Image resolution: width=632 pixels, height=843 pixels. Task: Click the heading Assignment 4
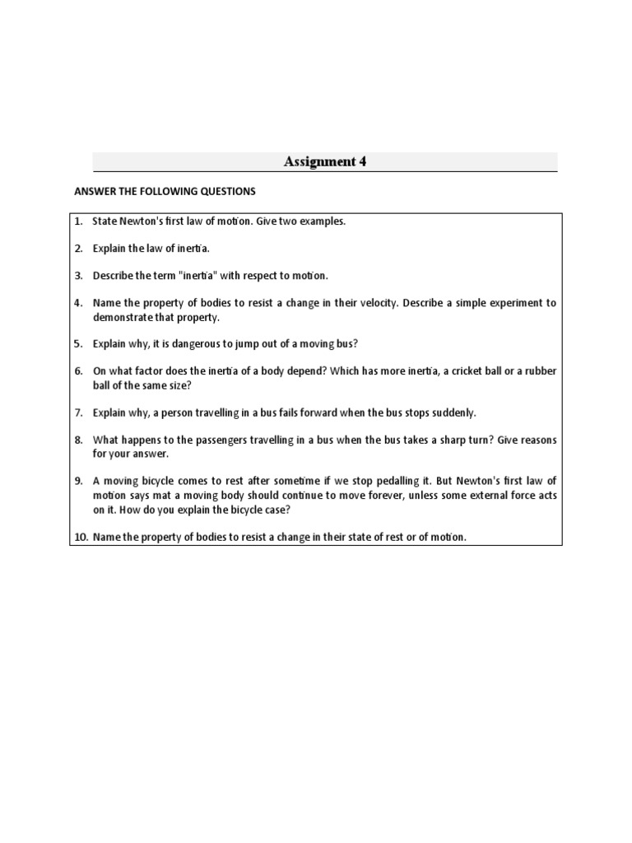pyautogui.click(x=325, y=162)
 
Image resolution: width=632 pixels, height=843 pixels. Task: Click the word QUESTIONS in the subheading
pyautogui.click(x=223, y=192)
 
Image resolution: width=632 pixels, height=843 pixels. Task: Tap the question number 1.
pyautogui.click(x=77, y=222)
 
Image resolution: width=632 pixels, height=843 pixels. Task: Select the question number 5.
pyautogui.click(x=78, y=343)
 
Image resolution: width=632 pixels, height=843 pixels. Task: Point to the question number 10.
pyautogui.click(x=80, y=537)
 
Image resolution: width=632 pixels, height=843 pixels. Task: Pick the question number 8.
pyautogui.click(x=78, y=440)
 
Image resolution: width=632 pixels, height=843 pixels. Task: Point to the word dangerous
pyautogui.click(x=187, y=343)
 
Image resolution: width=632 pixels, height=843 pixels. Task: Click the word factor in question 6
pyautogui.click(x=143, y=371)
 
